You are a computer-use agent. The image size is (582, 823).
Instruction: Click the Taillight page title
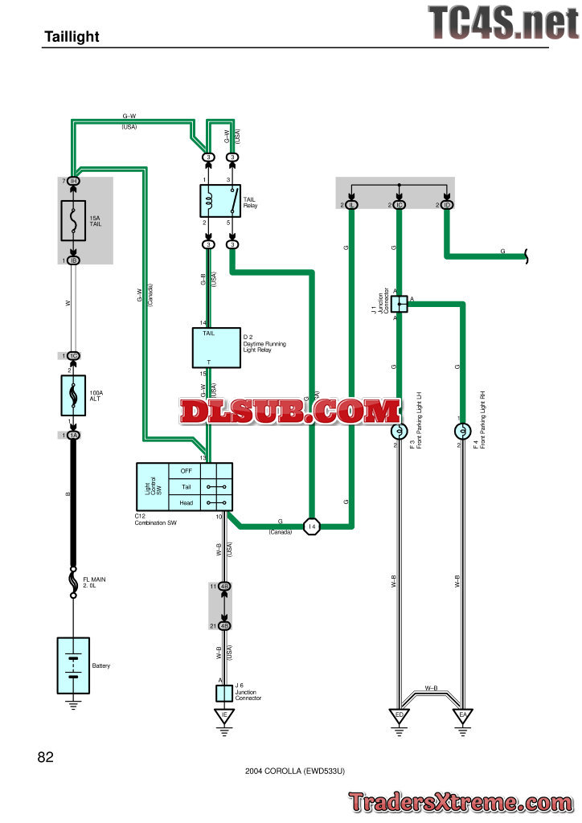tap(72, 37)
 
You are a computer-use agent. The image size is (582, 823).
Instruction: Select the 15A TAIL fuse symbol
tap(73, 219)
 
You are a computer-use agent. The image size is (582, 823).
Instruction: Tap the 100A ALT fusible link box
tap(73, 395)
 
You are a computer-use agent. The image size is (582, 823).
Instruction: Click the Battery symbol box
tap(73, 665)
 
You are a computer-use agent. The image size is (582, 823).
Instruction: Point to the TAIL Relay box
tap(220, 200)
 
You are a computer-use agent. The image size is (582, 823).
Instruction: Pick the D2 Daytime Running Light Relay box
tap(215, 347)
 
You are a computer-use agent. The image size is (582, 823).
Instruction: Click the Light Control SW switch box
tap(184, 486)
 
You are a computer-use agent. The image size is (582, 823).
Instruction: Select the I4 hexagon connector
tap(313, 526)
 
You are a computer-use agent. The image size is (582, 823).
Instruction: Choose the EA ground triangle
tap(462, 715)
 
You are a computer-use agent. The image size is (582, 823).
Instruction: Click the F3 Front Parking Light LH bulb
tap(397, 432)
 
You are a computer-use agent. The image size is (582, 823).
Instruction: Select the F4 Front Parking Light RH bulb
tap(462, 432)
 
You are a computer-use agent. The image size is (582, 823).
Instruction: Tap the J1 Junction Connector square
tap(399, 303)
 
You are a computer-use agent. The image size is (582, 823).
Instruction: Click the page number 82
tap(45, 757)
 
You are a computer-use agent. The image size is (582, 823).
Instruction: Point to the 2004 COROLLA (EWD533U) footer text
tap(295, 771)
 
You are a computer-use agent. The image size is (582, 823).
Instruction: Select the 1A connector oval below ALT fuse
tap(73, 435)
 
